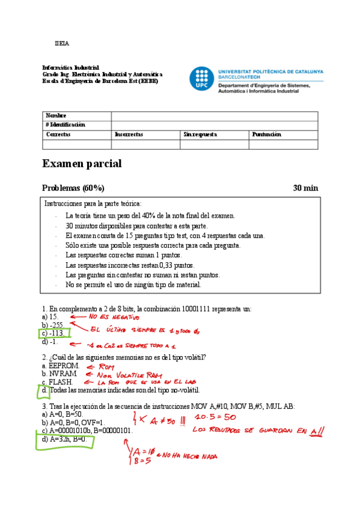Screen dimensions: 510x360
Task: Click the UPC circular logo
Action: (201, 79)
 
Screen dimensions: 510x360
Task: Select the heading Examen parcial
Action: (82, 164)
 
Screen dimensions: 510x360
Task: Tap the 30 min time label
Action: (305, 188)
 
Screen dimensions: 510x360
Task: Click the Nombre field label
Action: (56, 115)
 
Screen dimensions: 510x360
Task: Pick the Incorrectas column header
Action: (129, 135)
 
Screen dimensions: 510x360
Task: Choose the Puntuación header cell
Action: (266, 135)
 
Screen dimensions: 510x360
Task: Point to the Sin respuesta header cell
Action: (200, 135)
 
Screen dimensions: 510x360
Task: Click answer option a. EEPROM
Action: (61, 365)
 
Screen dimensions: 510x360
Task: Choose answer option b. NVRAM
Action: (59, 373)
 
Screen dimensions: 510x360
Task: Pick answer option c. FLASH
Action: (58, 382)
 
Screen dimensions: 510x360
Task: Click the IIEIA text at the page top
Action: (62, 43)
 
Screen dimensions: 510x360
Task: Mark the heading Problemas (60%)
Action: (73, 188)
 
